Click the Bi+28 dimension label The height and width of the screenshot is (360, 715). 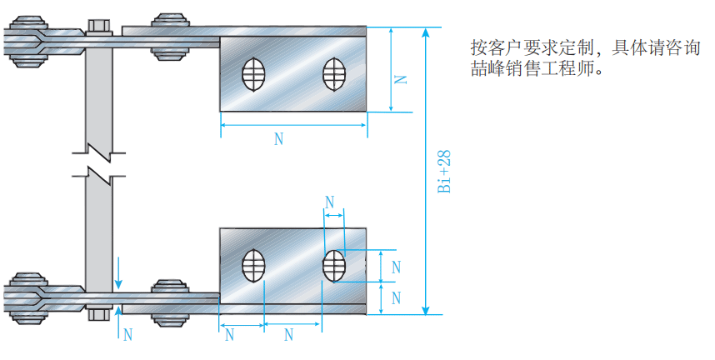444,172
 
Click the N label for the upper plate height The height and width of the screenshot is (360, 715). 401,78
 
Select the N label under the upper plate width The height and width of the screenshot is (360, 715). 278,139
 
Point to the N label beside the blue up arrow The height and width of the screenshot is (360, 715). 127,335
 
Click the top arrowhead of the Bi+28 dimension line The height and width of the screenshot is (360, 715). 426,32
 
